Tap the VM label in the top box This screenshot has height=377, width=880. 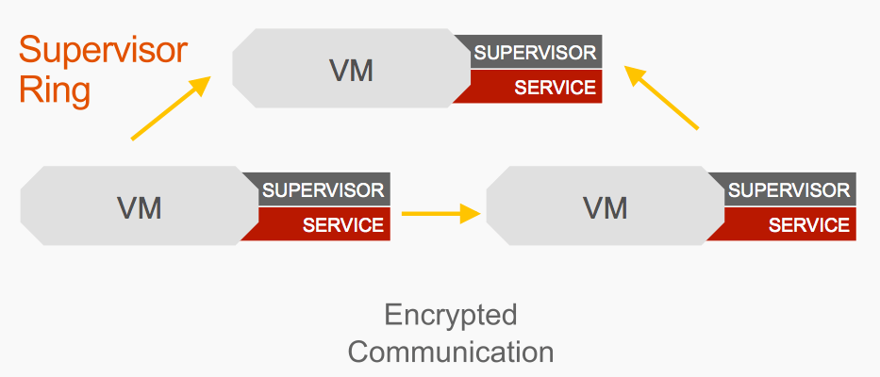[x=351, y=70]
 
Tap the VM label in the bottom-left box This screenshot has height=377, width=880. [x=139, y=207]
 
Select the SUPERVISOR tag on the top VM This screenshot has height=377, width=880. [x=535, y=52]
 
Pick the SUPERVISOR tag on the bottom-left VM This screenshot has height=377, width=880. [x=324, y=189]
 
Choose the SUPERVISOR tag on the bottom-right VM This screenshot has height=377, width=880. [x=789, y=189]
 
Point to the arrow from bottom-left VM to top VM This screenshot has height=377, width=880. [x=169, y=108]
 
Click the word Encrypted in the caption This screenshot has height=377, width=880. [x=451, y=314]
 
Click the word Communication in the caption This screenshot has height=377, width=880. [x=451, y=352]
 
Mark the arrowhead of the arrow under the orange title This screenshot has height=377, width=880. [x=200, y=85]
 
